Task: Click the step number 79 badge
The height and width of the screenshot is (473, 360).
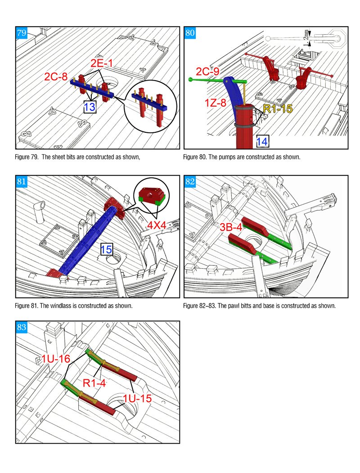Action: tap(21, 33)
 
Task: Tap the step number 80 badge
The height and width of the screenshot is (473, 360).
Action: tap(190, 33)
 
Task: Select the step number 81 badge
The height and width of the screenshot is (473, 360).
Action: tap(21, 182)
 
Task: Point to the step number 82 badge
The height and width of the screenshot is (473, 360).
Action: tap(190, 182)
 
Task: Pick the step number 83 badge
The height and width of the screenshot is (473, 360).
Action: tap(21, 327)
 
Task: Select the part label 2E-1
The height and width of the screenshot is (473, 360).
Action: tap(102, 64)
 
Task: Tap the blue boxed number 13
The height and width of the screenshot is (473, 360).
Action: tap(90, 107)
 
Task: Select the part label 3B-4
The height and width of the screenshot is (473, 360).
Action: tap(231, 227)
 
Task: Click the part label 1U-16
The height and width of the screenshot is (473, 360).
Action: tap(57, 359)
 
